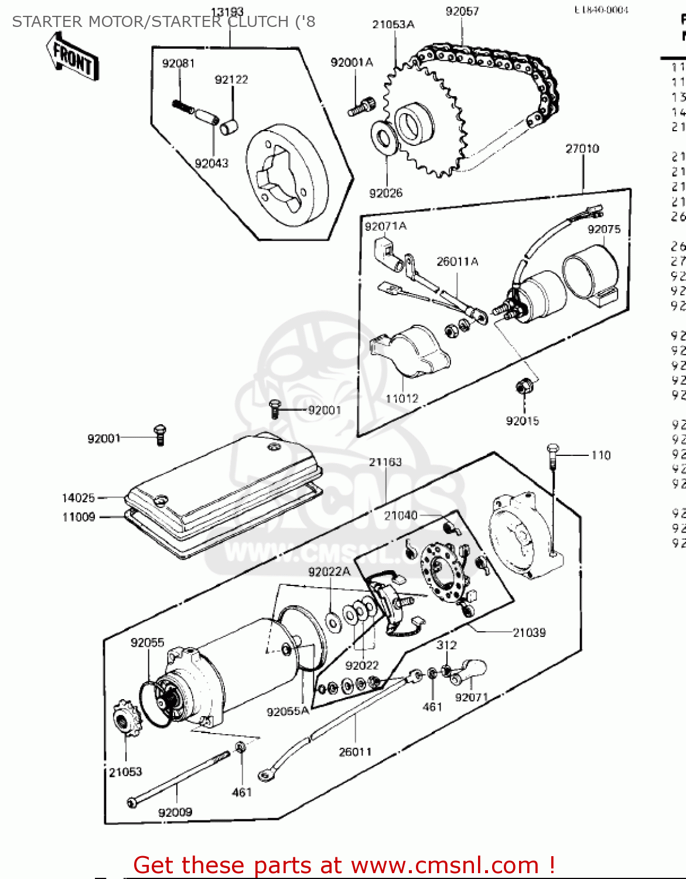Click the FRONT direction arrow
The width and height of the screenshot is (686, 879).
tap(73, 57)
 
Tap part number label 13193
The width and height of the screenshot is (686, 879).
tap(227, 12)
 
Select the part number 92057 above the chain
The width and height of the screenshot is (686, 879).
tap(462, 11)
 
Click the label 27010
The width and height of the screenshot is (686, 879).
tap(582, 149)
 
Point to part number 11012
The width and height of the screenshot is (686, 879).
tap(402, 398)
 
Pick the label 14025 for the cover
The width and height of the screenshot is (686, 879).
tap(78, 498)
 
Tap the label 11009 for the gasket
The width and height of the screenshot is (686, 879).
tap(79, 517)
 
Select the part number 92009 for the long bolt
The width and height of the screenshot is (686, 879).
tap(175, 812)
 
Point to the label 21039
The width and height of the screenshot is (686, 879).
tap(529, 632)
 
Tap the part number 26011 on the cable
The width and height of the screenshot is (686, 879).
tap(355, 752)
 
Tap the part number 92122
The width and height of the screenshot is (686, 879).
tap(231, 80)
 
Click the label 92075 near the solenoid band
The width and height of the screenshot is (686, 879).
tap(604, 229)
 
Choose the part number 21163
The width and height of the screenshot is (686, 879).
tap(385, 462)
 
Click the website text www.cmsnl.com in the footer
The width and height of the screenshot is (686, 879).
tap(445, 865)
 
